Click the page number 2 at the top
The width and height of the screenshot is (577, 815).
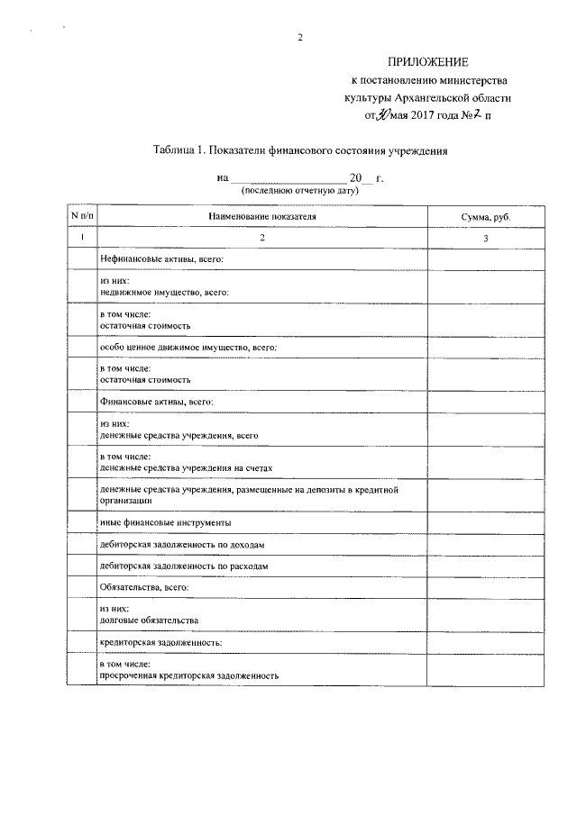(x=299, y=38)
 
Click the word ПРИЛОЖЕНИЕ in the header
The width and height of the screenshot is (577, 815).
(x=429, y=62)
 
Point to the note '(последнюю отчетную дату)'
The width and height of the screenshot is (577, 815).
(x=299, y=191)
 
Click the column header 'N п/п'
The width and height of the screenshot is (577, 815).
(x=82, y=217)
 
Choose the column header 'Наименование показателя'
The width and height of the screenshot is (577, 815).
(x=262, y=217)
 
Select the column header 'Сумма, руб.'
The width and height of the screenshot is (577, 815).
(x=485, y=218)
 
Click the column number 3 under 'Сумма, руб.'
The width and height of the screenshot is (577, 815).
(x=485, y=238)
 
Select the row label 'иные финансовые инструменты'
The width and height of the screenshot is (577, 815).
(x=165, y=522)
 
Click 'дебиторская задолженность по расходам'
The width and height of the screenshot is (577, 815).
(x=183, y=566)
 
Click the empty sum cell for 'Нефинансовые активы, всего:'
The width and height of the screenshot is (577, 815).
(x=485, y=259)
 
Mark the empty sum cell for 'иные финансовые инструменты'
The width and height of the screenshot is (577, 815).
(x=485, y=522)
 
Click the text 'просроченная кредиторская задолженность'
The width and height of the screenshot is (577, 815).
(x=189, y=675)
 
